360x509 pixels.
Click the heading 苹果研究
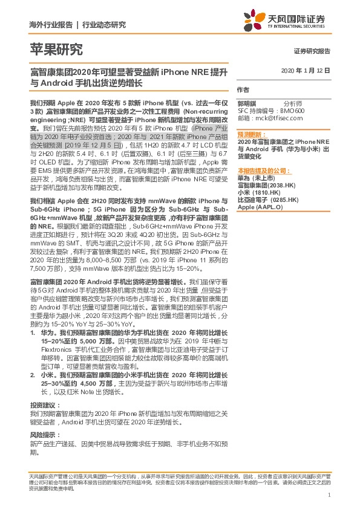pyautogui.click(x=56, y=50)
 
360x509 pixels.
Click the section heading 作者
pyautogui.click(x=243, y=89)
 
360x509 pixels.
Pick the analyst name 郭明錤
pyautogui.click(x=247, y=104)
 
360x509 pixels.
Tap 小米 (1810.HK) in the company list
pyautogui.click(x=260, y=192)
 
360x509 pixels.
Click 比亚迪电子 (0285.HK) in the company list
pyautogui.click(x=267, y=199)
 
